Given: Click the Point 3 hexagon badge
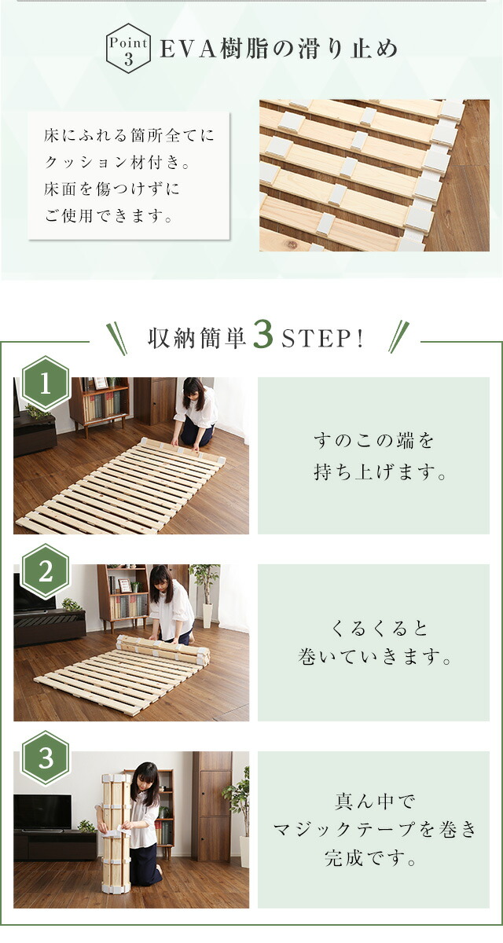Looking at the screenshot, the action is [x=128, y=49].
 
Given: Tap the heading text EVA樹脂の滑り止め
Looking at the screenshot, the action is [x=279, y=49].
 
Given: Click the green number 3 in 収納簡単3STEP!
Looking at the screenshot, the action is [x=263, y=335].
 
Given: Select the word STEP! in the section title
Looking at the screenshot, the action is [x=322, y=338].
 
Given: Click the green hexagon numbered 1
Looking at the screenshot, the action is [x=46, y=383].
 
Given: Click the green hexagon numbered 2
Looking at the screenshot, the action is [x=46, y=571].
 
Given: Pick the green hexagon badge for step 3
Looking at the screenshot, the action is [x=46, y=758].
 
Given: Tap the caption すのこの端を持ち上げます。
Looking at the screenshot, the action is [x=380, y=456].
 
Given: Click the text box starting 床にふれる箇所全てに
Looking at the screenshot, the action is [x=129, y=176].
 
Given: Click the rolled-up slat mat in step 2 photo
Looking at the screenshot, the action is [x=163, y=650].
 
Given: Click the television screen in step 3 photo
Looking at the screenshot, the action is [x=42, y=812].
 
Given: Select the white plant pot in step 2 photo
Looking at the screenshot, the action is [x=207, y=615].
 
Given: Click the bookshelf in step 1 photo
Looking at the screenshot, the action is [x=100, y=403].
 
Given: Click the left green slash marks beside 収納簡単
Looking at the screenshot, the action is [x=116, y=339].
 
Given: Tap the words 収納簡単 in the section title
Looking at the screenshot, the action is [x=197, y=338].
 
